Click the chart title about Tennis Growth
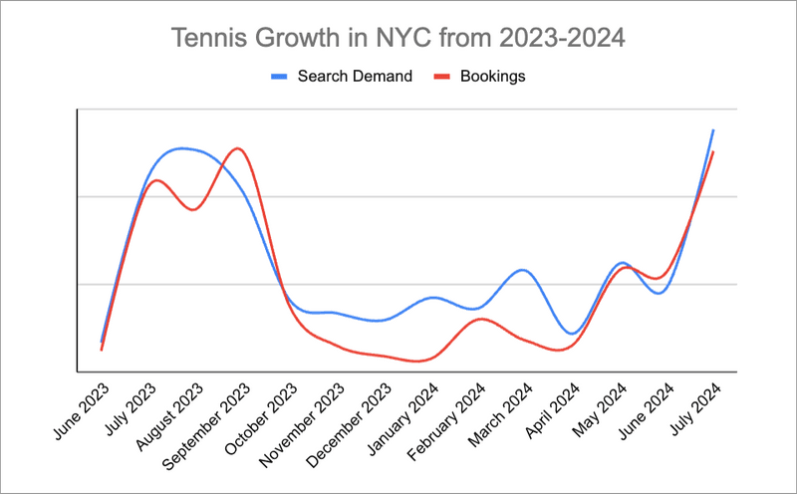pyautogui.click(x=398, y=39)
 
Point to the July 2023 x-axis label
pyautogui.click(x=133, y=402)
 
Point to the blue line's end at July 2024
pyautogui.click(x=713, y=130)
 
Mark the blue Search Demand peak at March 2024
pyautogui.click(x=521, y=270)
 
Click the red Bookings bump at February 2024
pyautogui.click(x=481, y=319)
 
